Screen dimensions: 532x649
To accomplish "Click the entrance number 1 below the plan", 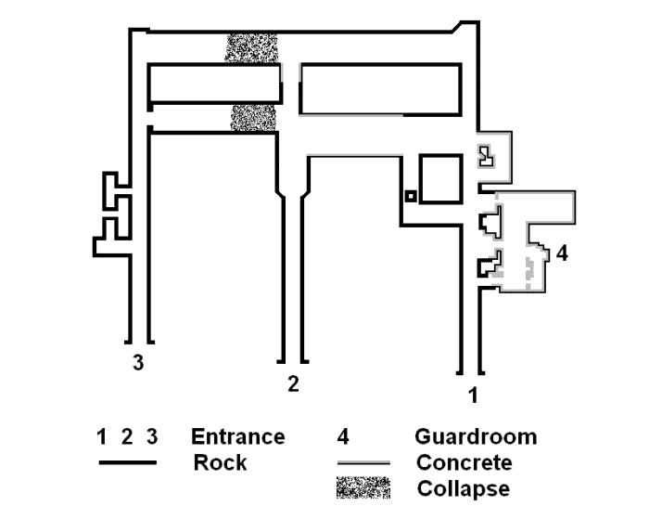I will pos(473,395).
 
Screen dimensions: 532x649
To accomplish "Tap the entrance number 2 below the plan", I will pos(293,384).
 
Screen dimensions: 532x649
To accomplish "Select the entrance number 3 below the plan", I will pos(138,362).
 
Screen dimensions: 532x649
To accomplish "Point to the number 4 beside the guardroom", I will pos(562,253).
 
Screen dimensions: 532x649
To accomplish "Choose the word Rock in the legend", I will pos(220,461).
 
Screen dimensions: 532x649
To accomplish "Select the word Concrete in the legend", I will pos(464,462).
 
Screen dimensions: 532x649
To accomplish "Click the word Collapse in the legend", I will pos(464,488).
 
